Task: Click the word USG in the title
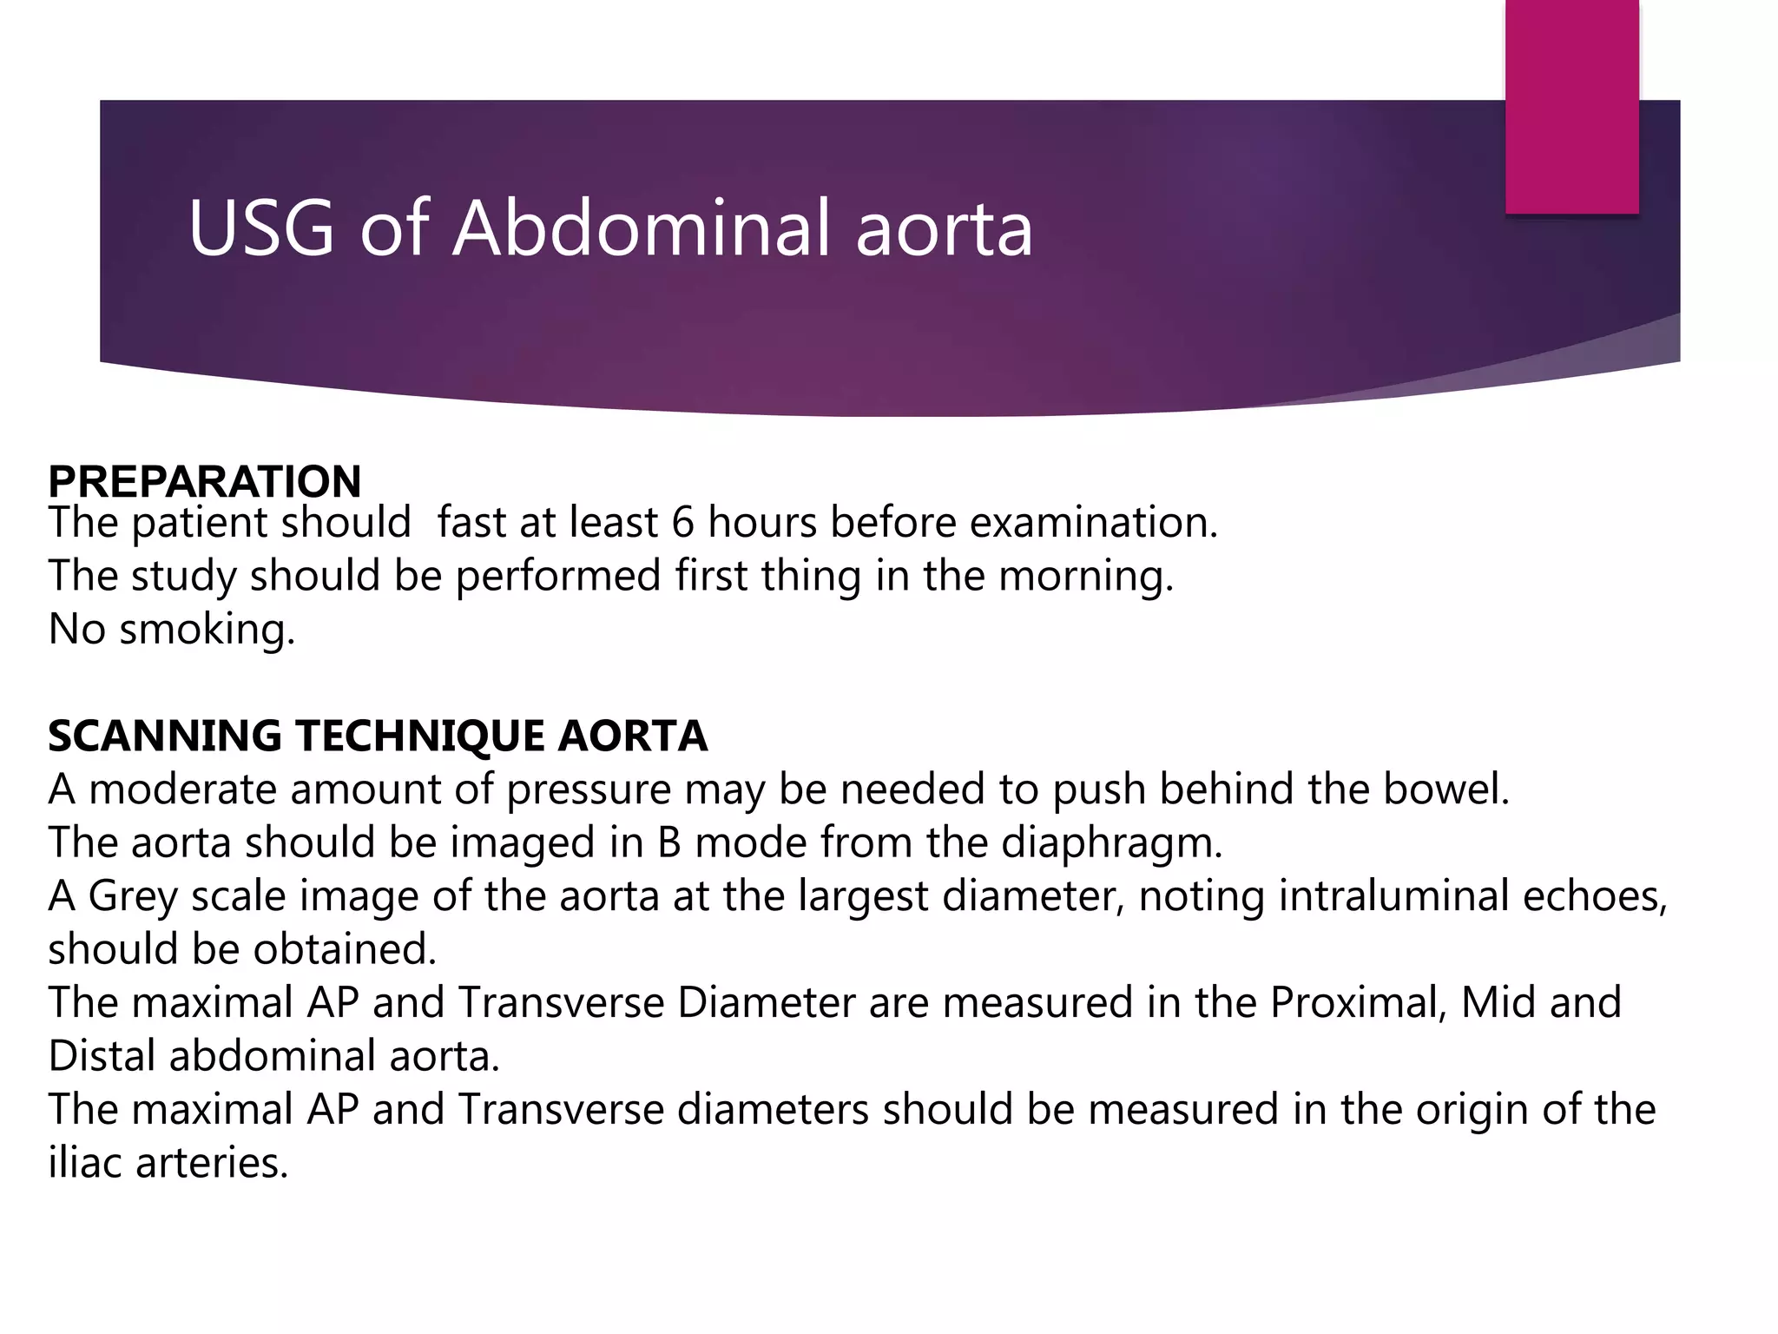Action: tap(260, 228)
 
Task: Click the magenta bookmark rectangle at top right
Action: tap(1571, 106)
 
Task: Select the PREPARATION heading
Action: tap(205, 481)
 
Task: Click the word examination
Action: tap(1094, 523)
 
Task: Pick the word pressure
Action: tap(589, 789)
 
